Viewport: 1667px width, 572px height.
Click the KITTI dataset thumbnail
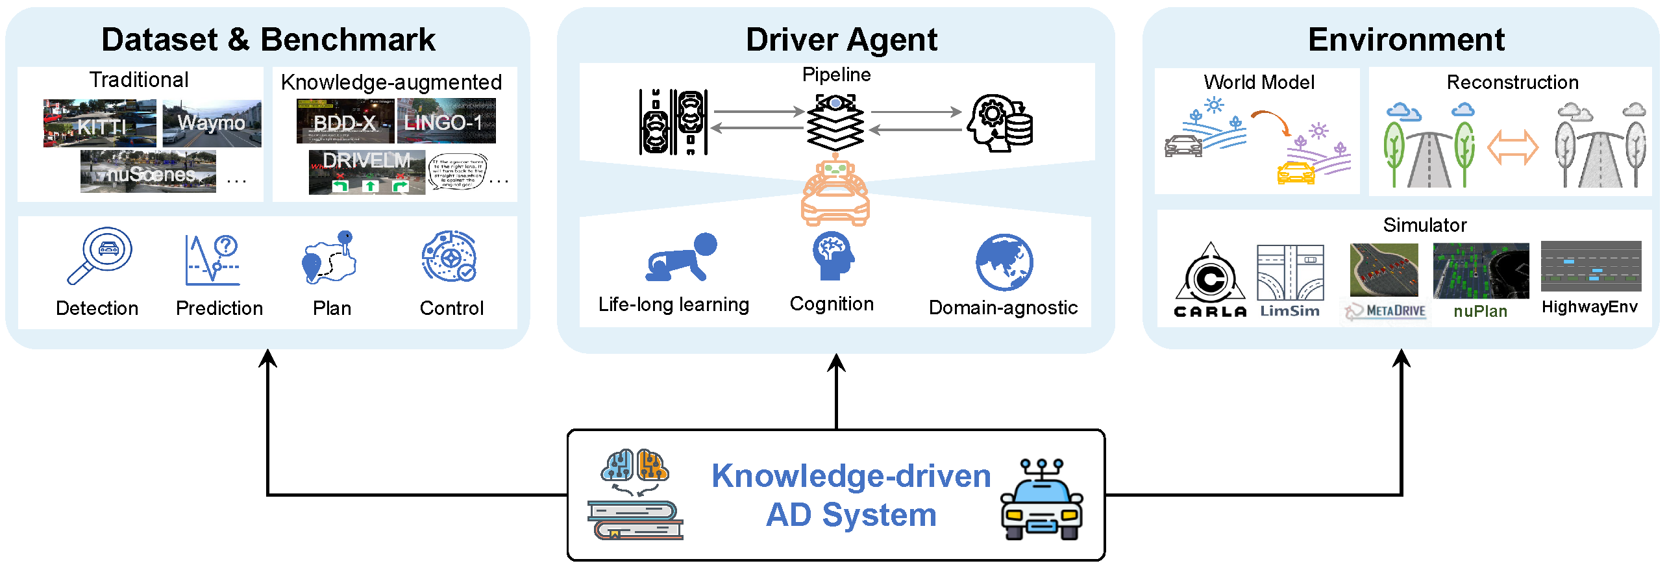click(x=99, y=123)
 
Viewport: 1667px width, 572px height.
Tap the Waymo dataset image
click(x=212, y=123)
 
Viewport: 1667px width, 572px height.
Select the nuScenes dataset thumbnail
click(x=148, y=172)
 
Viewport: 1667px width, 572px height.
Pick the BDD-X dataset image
click(x=345, y=121)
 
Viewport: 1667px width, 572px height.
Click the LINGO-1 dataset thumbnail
click(x=446, y=121)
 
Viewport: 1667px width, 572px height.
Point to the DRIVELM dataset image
click(x=367, y=172)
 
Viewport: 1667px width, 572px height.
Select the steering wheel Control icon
click(x=449, y=256)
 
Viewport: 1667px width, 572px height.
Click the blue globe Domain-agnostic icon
click(x=1004, y=262)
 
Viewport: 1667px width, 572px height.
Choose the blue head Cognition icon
click(x=833, y=256)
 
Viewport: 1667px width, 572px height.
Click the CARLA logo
click(x=1210, y=280)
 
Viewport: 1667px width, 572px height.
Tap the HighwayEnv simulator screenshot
click(x=1590, y=266)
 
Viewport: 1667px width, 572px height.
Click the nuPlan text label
click(x=1480, y=312)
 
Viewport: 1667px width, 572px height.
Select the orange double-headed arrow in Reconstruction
click(x=1513, y=148)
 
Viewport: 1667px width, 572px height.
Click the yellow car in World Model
click(x=1296, y=173)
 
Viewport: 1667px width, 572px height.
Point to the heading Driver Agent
click(x=841, y=40)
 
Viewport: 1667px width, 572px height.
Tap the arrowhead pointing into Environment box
click(x=1402, y=358)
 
